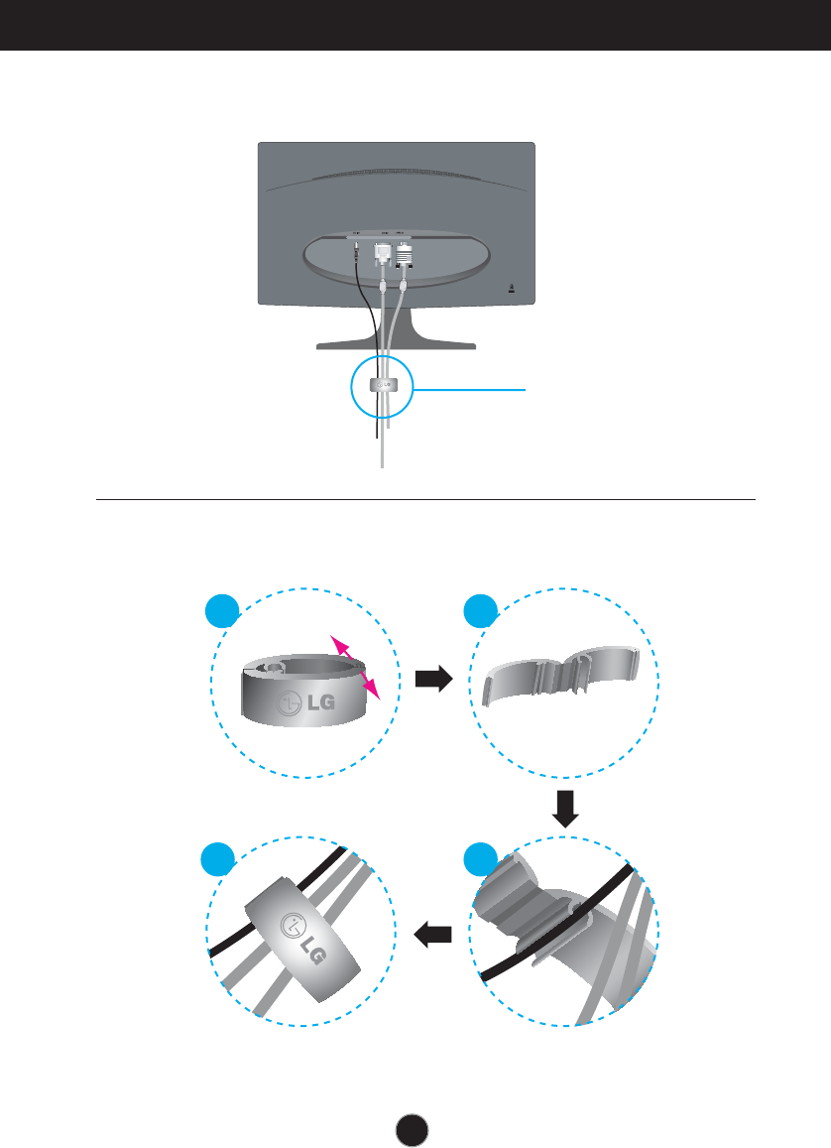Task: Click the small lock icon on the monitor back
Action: [x=511, y=290]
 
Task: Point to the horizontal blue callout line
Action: [x=471, y=390]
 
